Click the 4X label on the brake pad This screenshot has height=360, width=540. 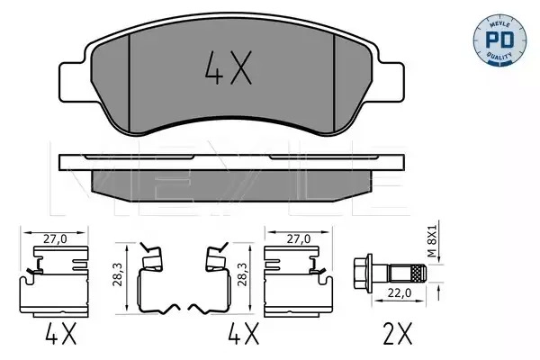[229, 67]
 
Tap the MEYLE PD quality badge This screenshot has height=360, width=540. [499, 40]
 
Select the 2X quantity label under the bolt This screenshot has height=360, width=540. [397, 334]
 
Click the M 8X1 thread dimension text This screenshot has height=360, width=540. [432, 241]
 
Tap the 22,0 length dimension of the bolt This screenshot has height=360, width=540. [399, 292]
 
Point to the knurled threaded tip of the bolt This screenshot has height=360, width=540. [418, 274]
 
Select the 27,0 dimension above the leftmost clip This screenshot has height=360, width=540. [55, 239]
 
